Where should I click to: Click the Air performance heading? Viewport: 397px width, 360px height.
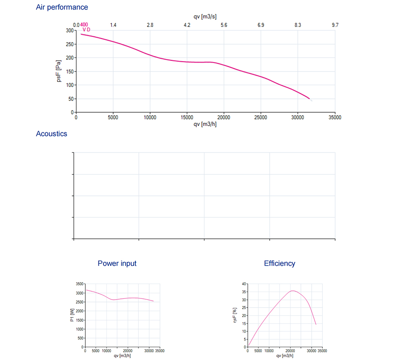coord(62,7)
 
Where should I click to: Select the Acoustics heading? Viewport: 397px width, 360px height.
coord(52,134)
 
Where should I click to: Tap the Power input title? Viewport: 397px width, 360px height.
coord(117,263)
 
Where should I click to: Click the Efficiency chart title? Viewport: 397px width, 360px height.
coord(279,263)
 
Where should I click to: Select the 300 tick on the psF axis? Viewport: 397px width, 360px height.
coord(69,30)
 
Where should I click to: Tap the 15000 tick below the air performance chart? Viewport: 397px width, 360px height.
coord(187,118)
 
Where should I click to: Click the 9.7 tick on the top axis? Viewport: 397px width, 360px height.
coord(335,25)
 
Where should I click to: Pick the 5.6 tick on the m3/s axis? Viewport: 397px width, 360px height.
coord(224,25)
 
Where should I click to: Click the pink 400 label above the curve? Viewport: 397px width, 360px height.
coord(84,25)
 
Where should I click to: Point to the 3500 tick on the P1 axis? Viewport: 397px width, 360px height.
coord(79,284)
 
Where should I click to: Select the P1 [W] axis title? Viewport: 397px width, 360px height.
coord(72,315)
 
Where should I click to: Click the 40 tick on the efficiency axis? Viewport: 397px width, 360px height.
coord(243,284)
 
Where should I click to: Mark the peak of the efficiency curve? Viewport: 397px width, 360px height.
coord(292,291)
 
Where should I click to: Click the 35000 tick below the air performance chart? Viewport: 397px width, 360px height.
coord(335,118)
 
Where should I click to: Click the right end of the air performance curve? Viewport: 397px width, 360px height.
coord(310,99)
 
